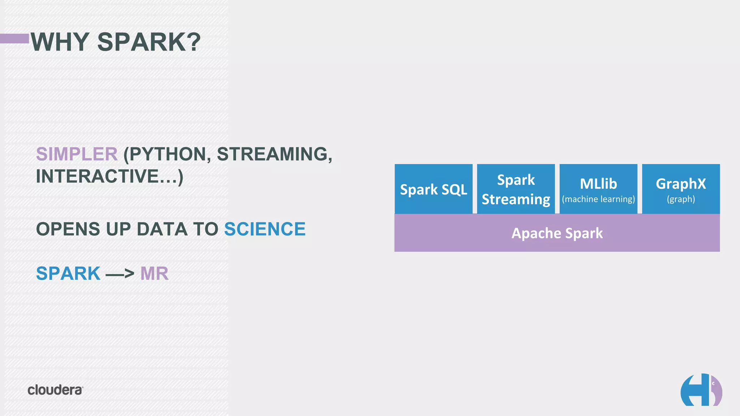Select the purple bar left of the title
(x=14, y=38)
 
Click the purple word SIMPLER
(x=77, y=154)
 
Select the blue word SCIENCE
(x=265, y=229)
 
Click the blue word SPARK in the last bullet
(x=68, y=273)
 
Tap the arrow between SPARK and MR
(x=120, y=274)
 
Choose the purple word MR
(x=154, y=273)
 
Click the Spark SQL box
(x=433, y=189)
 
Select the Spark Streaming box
(x=516, y=189)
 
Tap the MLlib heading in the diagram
(x=598, y=184)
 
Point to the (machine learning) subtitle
(x=598, y=199)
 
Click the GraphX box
(x=681, y=188)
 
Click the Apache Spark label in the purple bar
(x=557, y=233)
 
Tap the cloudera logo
(x=55, y=390)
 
